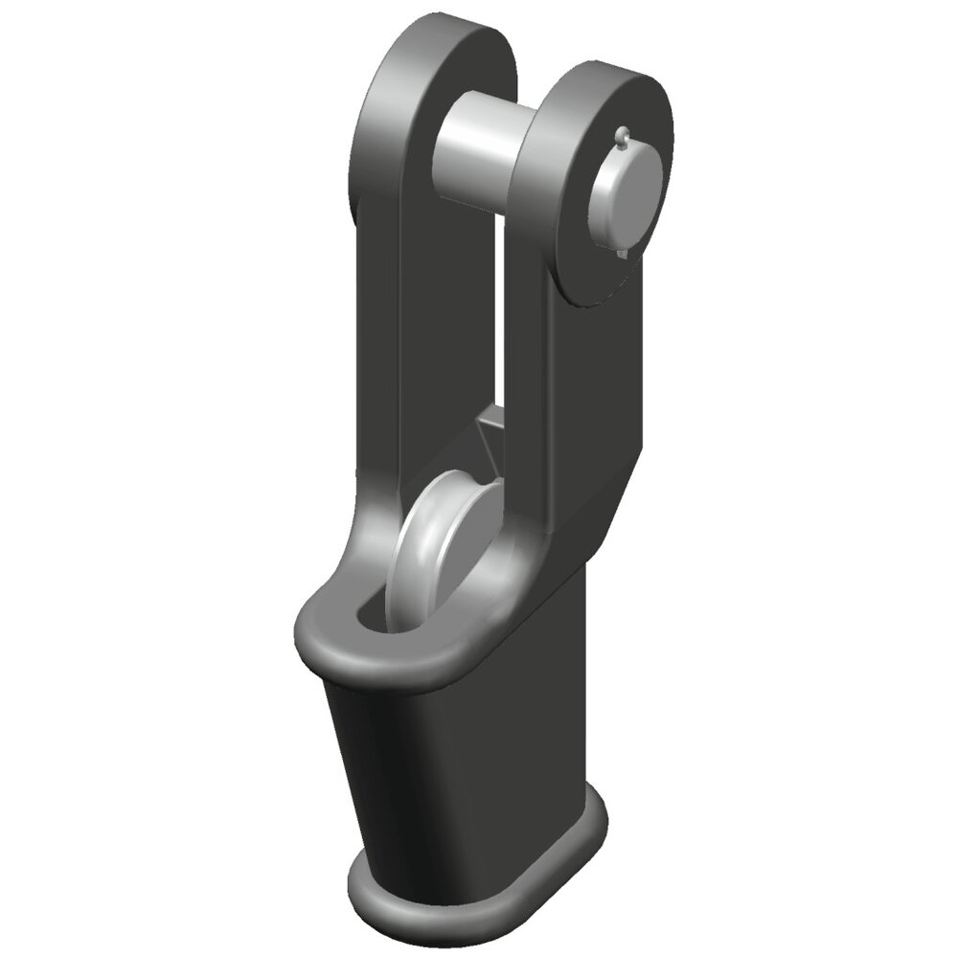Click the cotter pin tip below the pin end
click(624, 253)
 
